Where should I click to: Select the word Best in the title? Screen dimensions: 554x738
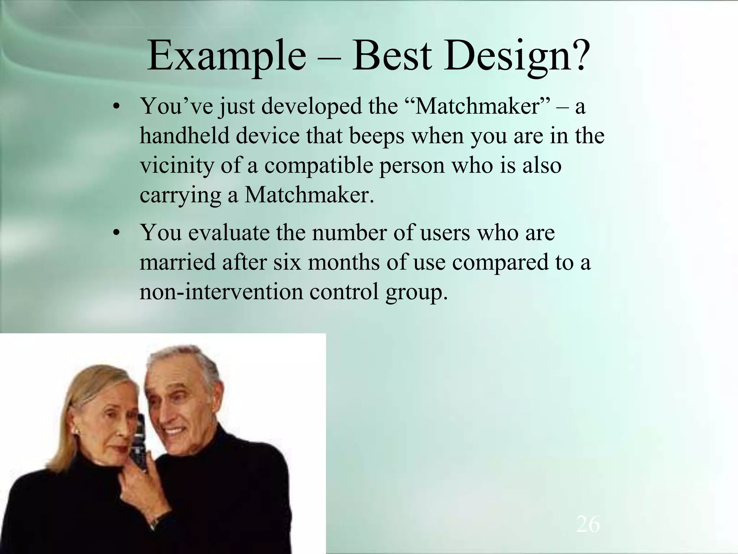(x=392, y=56)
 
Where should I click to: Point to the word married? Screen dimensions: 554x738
(x=177, y=262)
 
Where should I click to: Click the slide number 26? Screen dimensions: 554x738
(x=588, y=524)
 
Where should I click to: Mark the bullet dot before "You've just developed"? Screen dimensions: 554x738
(x=116, y=107)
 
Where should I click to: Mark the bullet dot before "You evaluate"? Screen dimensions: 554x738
(x=116, y=233)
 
